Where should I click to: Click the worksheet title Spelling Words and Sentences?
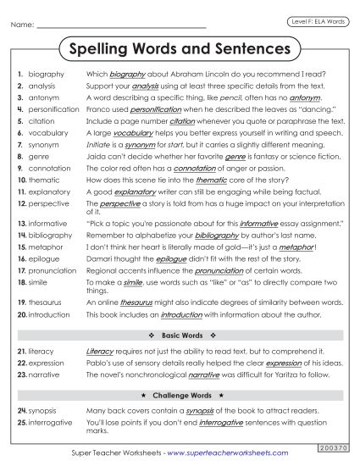click(x=179, y=49)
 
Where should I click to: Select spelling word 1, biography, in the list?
click(x=47, y=75)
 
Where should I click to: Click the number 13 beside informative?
click(x=21, y=223)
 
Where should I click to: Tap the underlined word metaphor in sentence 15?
click(x=299, y=246)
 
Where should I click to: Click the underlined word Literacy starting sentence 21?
click(x=100, y=350)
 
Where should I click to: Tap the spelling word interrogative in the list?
click(x=53, y=423)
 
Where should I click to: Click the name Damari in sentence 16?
click(x=100, y=258)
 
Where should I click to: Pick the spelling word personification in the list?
click(x=53, y=109)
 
